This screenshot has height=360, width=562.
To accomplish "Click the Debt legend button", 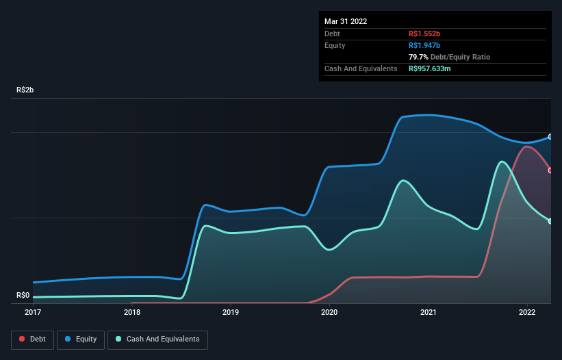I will click(x=31, y=339).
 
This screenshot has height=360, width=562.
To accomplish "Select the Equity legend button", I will click(x=81, y=339).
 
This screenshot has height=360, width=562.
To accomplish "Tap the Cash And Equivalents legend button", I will click(x=157, y=339).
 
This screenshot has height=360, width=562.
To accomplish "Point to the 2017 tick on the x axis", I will click(x=33, y=312).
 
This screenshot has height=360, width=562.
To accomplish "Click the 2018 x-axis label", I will click(x=132, y=312).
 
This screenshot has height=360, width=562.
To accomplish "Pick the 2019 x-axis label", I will click(x=231, y=312).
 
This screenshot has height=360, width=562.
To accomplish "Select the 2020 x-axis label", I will click(x=329, y=312).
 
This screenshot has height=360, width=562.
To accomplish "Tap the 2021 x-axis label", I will click(x=429, y=312).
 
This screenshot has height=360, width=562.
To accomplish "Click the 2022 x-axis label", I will click(x=527, y=312).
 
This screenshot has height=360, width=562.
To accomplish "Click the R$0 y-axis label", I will click(x=23, y=296).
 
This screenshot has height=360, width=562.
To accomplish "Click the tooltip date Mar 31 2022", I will click(x=346, y=21).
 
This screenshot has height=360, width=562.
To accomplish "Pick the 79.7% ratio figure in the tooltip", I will click(x=418, y=57).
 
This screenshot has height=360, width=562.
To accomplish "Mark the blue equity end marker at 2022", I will click(x=550, y=137).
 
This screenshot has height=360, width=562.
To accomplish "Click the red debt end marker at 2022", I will click(x=550, y=170).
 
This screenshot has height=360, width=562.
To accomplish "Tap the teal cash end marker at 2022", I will click(x=550, y=221).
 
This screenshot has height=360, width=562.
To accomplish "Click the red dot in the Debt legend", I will click(x=22, y=339).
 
